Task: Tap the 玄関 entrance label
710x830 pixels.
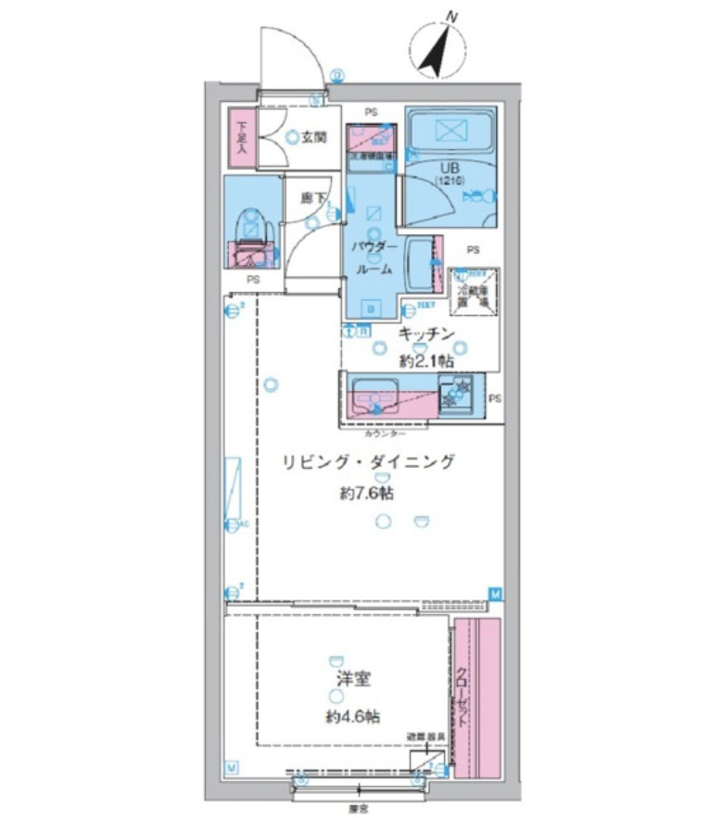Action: click(x=313, y=137)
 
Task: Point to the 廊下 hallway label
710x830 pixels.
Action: click(x=312, y=197)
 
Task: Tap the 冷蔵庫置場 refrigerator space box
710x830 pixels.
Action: click(x=474, y=294)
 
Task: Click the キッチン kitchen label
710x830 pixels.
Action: click(x=425, y=333)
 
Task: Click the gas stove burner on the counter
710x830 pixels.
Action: click(x=456, y=396)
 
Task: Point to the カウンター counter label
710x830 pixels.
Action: click(x=384, y=433)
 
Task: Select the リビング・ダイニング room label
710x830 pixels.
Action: click(x=369, y=462)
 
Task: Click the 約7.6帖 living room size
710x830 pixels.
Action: click(x=366, y=494)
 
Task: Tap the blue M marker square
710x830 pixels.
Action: click(x=495, y=593)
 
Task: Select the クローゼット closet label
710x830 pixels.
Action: click(x=461, y=700)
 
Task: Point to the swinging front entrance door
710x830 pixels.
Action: click(x=291, y=54)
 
